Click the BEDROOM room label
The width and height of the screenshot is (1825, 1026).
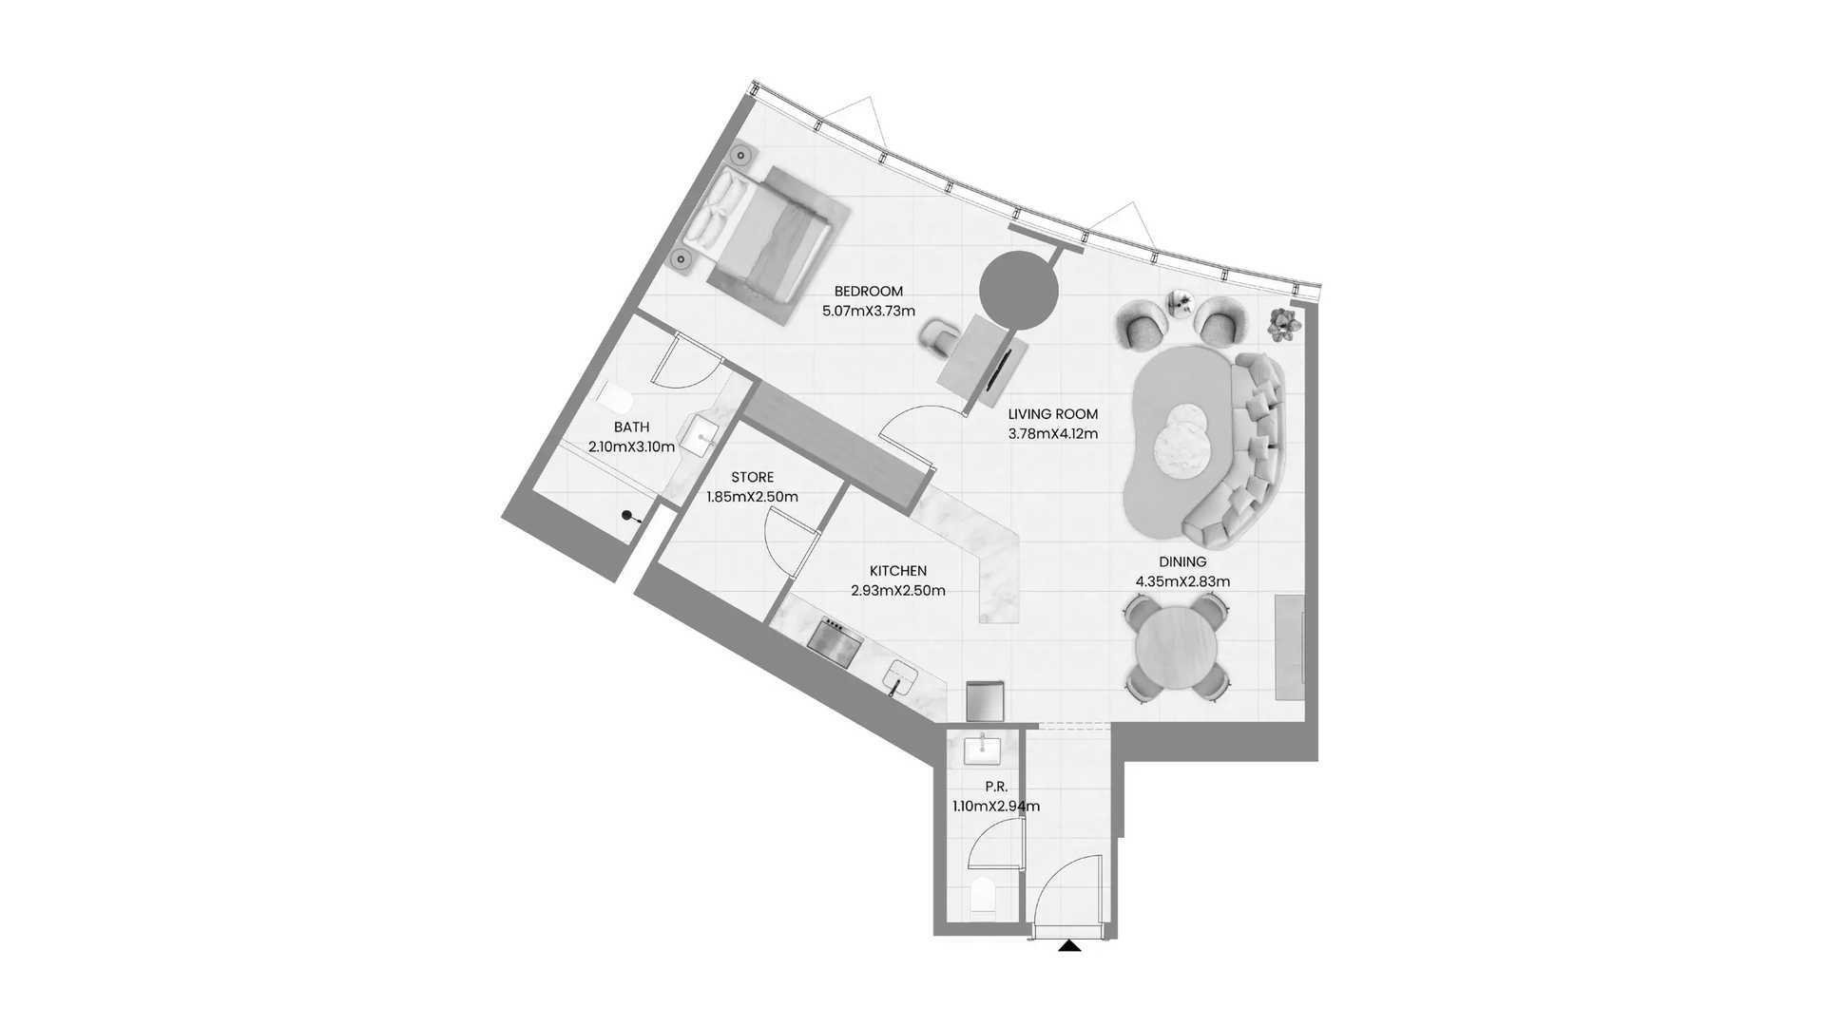click(x=868, y=292)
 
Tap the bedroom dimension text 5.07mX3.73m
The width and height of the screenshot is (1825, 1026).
click(x=868, y=311)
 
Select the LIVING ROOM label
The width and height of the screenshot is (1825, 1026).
click(x=1052, y=414)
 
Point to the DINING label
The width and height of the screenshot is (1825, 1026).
click(x=1182, y=562)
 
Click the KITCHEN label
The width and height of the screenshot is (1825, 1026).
click(x=898, y=571)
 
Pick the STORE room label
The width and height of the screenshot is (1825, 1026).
click(x=752, y=477)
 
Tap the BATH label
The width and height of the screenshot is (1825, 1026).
click(x=631, y=427)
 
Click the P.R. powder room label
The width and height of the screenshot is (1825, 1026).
click(x=996, y=787)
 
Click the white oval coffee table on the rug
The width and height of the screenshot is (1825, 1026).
click(x=1180, y=439)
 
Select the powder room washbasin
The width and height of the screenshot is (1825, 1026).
click(x=982, y=750)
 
